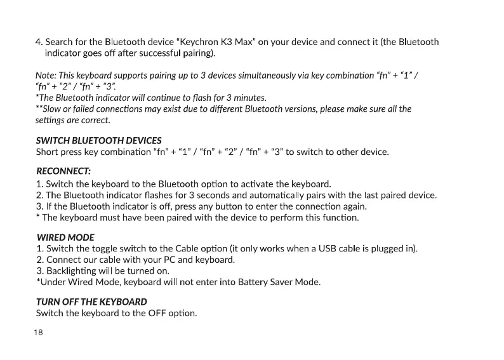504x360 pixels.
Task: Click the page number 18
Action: pos(39,333)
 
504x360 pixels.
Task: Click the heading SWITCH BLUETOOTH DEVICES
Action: pos(98,140)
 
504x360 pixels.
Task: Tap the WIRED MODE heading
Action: pos(65,237)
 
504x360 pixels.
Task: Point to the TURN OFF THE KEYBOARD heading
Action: pos(91,302)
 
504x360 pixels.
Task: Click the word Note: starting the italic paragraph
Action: pos(47,76)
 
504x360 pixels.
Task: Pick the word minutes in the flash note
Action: pos(249,98)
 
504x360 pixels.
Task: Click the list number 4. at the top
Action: pos(39,43)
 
